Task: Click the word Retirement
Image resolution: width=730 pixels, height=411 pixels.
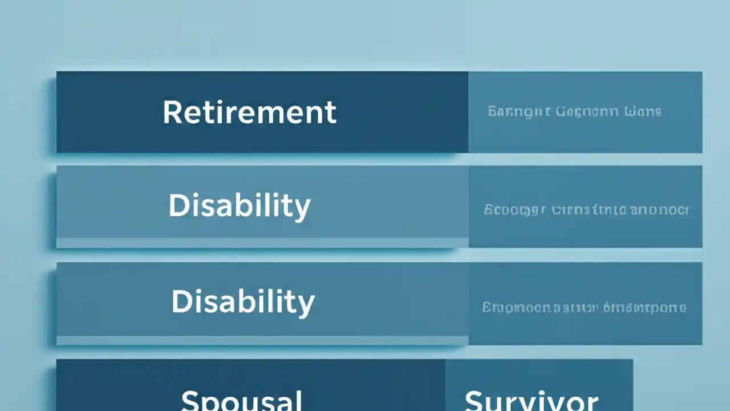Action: [x=249, y=112]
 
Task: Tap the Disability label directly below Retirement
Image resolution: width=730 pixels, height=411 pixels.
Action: [x=240, y=205]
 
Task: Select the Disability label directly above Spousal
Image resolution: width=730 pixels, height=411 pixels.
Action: [x=243, y=301]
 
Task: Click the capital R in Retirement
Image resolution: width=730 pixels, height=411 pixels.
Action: [x=172, y=112]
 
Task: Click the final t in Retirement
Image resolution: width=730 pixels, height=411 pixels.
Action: [x=331, y=112]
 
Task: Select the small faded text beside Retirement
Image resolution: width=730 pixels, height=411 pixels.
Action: [x=574, y=111]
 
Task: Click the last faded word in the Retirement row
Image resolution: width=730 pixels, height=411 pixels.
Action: [x=643, y=111]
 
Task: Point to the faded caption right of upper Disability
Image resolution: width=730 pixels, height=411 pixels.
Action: [x=586, y=209]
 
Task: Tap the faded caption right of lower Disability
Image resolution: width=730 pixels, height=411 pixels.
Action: [x=584, y=308]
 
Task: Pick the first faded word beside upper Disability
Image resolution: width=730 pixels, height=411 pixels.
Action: [x=515, y=210]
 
